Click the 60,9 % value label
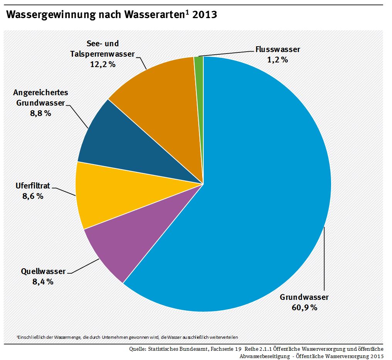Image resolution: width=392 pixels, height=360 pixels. pyautogui.click(x=304, y=307)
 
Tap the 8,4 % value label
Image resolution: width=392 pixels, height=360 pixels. pyautogui.click(x=43, y=281)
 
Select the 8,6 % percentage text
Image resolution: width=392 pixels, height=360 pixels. pyautogui.click(x=33, y=196)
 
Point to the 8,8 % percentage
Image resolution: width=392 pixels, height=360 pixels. pyautogui.click(x=41, y=113)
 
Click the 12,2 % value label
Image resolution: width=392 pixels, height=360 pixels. pyautogui.click(x=103, y=64)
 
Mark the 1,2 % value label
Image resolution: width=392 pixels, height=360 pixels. pyautogui.click(x=277, y=59)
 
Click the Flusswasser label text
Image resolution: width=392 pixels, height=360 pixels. pyautogui.click(x=277, y=49)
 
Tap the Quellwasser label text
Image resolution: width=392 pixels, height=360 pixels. pyautogui.click(x=43, y=272)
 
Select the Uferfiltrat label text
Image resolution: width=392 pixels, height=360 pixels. pyautogui.click(x=33, y=186)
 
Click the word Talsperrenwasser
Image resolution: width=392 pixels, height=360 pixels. pyautogui.click(x=103, y=54)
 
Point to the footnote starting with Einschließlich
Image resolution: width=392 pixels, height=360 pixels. pyautogui.click(x=127, y=337)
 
